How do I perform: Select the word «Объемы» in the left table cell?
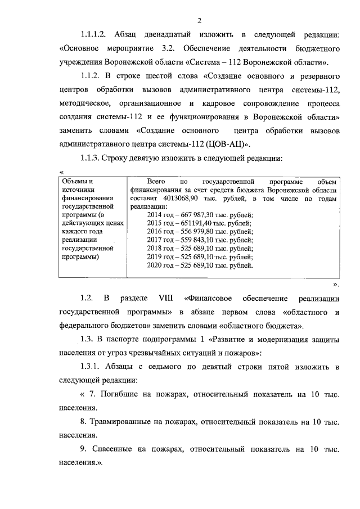75,182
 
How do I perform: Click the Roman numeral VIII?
150,297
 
